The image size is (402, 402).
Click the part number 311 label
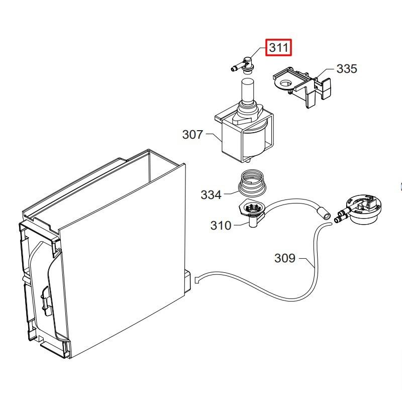[x=279, y=48]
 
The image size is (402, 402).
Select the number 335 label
[x=346, y=69]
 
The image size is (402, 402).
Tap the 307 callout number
[x=192, y=135]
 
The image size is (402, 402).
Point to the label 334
[x=211, y=194]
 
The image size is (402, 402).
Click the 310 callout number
[x=221, y=226]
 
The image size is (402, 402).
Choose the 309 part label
[x=284, y=258]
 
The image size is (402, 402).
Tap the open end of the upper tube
[x=327, y=216]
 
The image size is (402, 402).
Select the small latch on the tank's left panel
[x=46, y=298]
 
